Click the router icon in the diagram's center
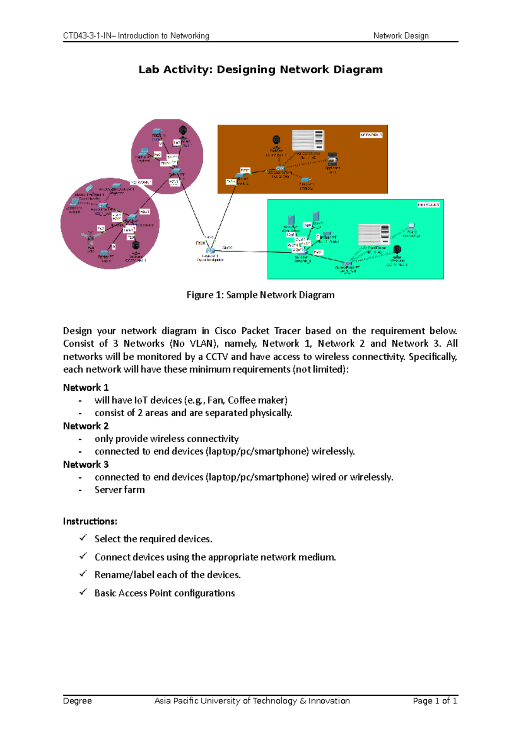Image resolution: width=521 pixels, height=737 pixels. click(211, 250)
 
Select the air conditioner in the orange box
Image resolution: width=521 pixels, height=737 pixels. click(308, 140)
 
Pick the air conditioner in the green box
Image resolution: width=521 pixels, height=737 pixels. click(373, 234)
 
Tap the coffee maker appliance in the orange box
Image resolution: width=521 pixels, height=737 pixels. click(333, 159)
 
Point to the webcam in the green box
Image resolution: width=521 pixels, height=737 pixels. click(397, 251)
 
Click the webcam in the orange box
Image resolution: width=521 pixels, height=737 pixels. click(277, 141)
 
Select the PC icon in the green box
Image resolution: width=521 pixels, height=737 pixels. click(411, 227)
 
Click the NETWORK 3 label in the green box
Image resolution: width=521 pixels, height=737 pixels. click(429, 204)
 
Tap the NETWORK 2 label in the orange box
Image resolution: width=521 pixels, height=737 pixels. click(371, 135)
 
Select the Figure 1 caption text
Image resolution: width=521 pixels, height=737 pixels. click(260, 295)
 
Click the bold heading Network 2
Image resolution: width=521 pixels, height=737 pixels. click(86, 426)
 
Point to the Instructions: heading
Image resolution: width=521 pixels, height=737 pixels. click(90, 521)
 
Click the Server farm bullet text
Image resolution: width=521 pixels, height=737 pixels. click(120, 490)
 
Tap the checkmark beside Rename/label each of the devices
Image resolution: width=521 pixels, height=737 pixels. click(83, 574)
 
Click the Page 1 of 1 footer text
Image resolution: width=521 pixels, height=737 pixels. click(435, 701)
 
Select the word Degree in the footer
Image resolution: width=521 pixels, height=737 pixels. click(77, 701)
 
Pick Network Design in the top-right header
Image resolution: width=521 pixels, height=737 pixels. click(401, 36)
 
